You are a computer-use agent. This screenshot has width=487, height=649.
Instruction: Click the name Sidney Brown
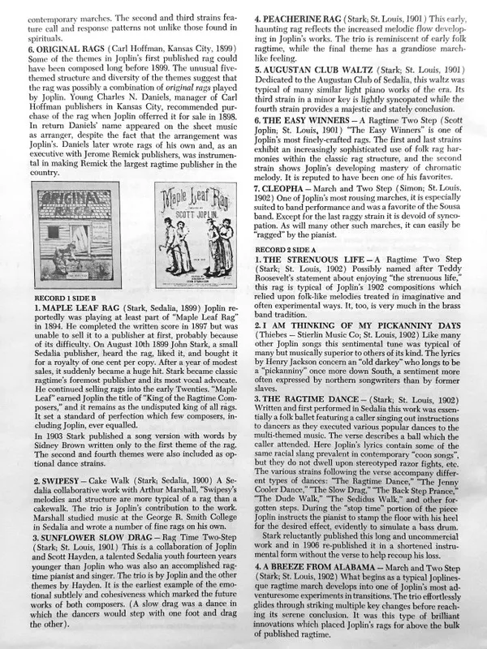point(60,445)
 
